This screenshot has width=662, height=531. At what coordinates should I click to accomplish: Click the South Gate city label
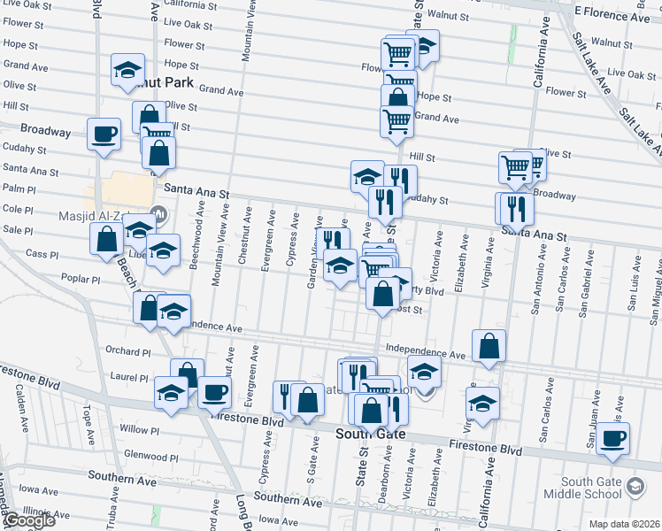point(371,435)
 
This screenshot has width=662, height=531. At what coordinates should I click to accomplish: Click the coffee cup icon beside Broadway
point(104,135)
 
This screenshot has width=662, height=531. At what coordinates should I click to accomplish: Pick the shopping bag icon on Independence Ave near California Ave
point(489,346)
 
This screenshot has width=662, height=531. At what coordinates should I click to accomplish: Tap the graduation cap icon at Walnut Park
point(127,69)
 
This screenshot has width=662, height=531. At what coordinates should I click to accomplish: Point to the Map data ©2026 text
point(624,524)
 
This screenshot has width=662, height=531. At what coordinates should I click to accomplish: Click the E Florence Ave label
point(612,12)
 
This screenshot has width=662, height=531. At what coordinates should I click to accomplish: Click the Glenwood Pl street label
point(150,457)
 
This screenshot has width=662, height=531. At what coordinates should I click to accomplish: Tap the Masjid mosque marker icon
point(159,212)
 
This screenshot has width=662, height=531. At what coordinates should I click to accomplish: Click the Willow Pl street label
point(139,429)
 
